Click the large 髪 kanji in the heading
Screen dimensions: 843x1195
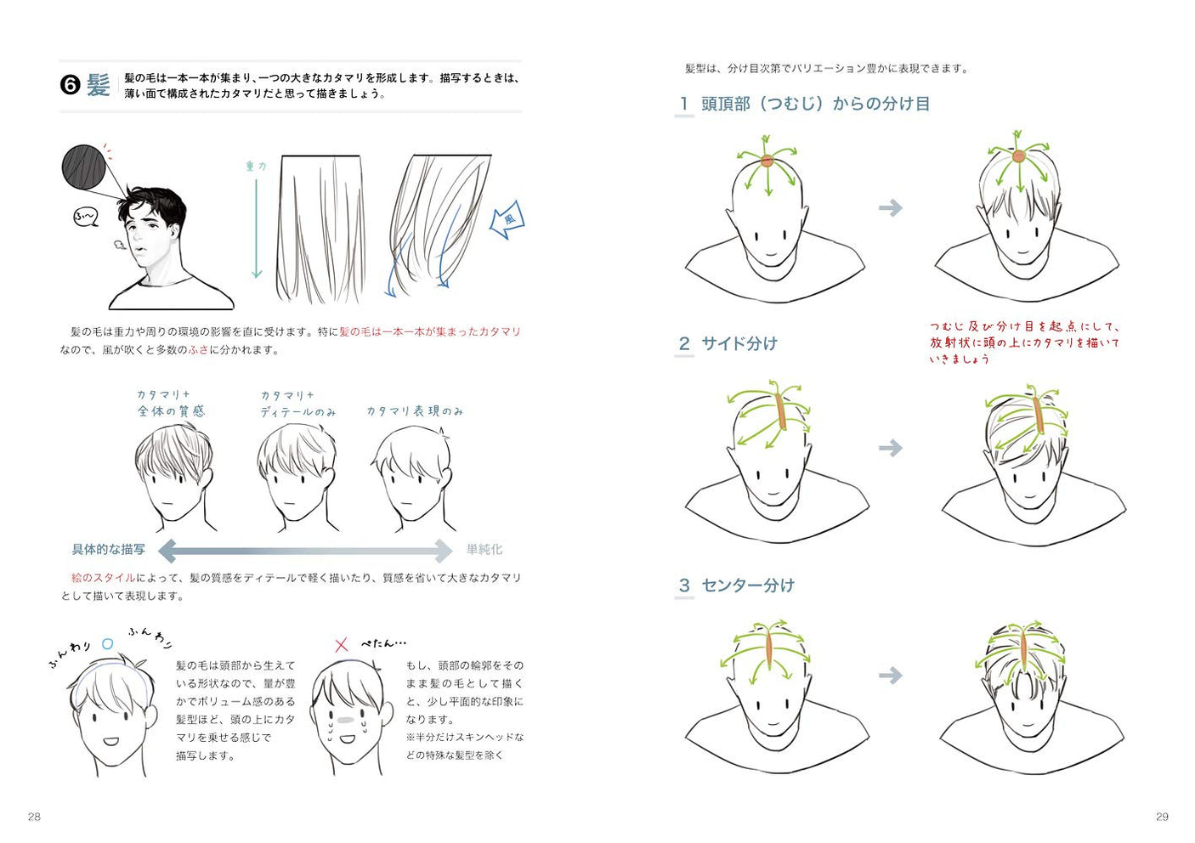click(x=99, y=85)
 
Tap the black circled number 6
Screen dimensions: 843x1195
click(x=70, y=85)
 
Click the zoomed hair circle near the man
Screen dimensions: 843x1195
click(x=83, y=167)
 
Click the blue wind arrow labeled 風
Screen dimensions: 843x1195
click(x=507, y=220)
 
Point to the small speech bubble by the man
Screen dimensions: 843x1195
click(x=86, y=218)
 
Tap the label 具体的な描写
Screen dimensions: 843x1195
click(x=108, y=550)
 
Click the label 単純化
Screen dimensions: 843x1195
click(x=484, y=550)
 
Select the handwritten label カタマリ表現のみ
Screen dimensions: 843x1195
click(x=415, y=411)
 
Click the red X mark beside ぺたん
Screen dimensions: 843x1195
click(x=341, y=645)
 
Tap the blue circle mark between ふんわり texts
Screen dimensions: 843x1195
click(x=107, y=644)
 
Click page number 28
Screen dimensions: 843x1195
click(x=34, y=817)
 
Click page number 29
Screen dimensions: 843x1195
click(x=1162, y=817)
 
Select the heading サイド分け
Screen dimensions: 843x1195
click(x=739, y=343)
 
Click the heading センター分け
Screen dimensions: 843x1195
click(x=747, y=585)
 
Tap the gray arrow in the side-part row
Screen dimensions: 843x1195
click(x=890, y=448)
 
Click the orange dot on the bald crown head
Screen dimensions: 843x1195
click(x=767, y=160)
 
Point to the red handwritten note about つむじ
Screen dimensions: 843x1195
click(x=1024, y=342)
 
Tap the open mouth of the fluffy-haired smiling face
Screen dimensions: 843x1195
click(x=111, y=740)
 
